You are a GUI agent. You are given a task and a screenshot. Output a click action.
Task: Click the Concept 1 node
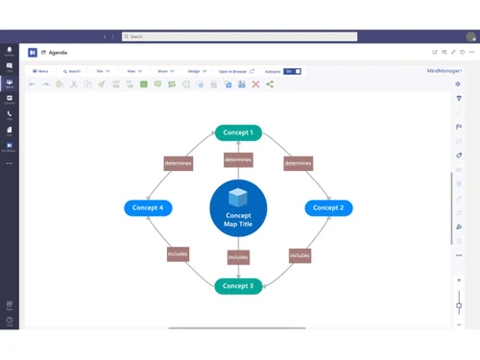tap(238, 132)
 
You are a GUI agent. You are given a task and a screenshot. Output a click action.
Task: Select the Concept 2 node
tap(328, 207)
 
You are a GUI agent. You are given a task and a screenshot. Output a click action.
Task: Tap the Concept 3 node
tap(238, 286)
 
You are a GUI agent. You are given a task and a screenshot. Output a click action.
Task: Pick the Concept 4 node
tap(148, 207)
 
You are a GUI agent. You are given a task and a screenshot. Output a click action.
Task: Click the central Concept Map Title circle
tap(238, 208)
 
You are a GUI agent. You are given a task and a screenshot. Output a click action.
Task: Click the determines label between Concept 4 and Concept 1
tap(178, 163)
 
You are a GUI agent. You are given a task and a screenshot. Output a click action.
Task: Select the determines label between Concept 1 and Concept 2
tap(299, 163)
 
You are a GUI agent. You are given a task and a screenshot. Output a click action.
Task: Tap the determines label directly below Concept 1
tap(238, 159)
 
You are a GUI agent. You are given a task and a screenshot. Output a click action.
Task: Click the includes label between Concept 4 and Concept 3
tap(178, 254)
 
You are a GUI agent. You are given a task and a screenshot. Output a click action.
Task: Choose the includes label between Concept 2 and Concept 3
tap(300, 255)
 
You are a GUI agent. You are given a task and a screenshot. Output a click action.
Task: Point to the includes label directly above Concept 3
tap(238, 257)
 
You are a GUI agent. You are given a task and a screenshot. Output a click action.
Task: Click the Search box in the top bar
tap(240, 36)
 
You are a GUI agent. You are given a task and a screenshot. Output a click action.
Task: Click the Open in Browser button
tap(235, 71)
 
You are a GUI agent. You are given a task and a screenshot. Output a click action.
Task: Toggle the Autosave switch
tap(292, 71)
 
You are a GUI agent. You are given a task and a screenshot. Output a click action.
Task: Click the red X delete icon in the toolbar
tap(255, 84)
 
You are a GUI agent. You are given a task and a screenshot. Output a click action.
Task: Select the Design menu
tap(196, 71)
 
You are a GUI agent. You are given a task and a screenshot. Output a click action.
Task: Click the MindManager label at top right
tap(444, 71)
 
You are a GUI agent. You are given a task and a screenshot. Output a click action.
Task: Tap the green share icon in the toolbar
tap(270, 84)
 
